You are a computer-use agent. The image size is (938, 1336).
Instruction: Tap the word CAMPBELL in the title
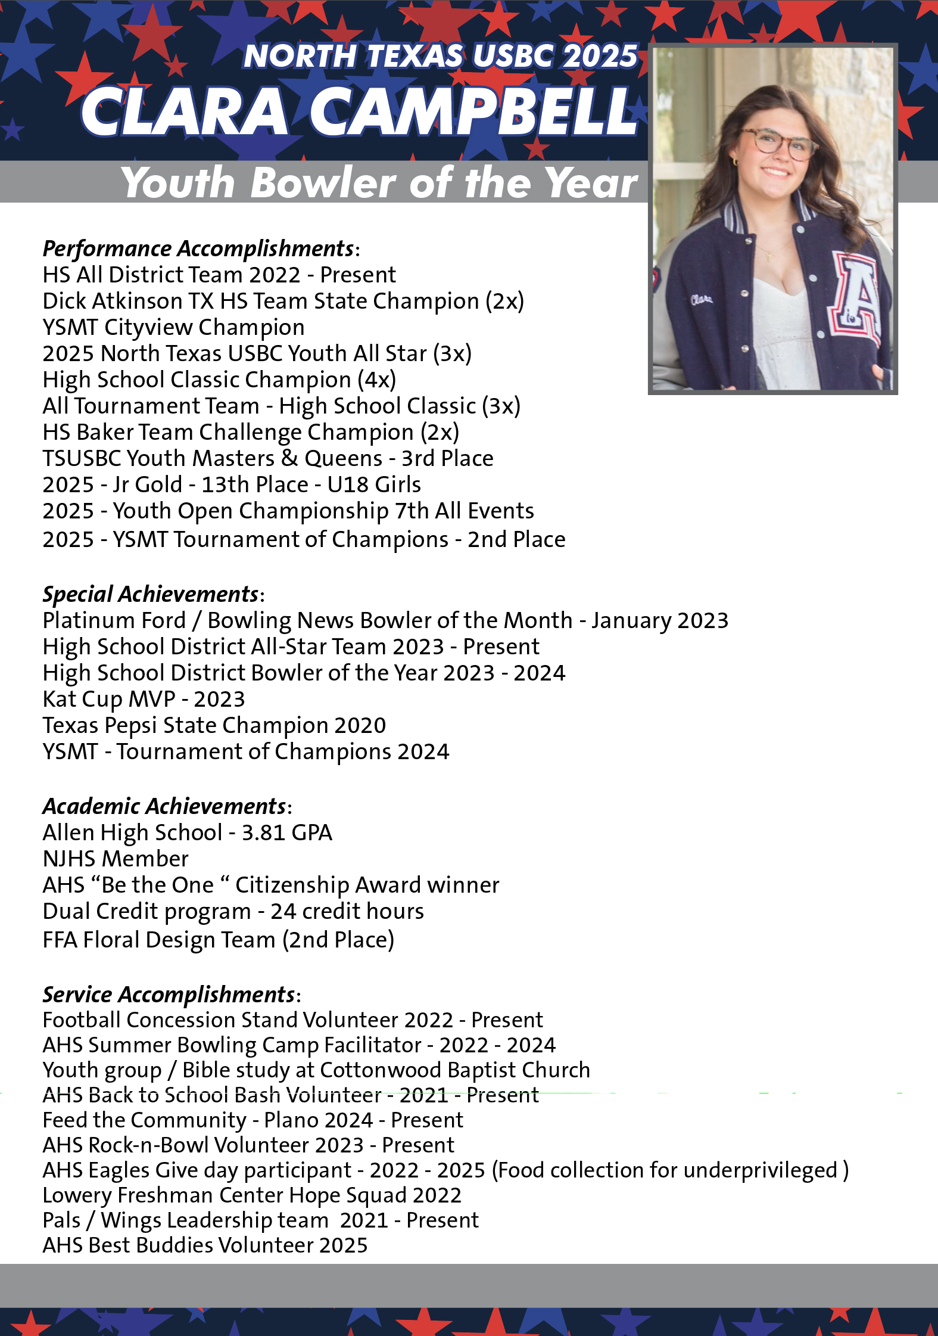coord(473,111)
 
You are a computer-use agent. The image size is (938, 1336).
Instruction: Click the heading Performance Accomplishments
coord(199,248)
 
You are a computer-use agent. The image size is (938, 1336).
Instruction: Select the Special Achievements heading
coord(151,594)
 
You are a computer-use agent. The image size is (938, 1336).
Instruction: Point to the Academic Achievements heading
coord(164,806)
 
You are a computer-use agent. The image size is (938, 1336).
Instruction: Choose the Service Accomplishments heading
coord(169,995)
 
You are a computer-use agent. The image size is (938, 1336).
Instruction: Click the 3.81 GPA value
coord(286,832)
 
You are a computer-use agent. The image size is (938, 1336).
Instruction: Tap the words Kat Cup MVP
coord(109,699)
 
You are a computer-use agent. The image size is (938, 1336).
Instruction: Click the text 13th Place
coord(254,484)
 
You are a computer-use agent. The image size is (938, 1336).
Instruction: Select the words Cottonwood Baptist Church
coord(455,1070)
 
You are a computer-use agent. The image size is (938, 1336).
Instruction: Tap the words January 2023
coord(660,620)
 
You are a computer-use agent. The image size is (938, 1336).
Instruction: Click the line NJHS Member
coord(116,859)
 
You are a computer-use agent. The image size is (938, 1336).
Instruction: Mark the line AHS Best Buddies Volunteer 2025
coord(205,1245)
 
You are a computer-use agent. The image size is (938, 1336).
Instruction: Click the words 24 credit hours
coord(347,911)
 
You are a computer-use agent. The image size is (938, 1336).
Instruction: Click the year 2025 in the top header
coord(599,56)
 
